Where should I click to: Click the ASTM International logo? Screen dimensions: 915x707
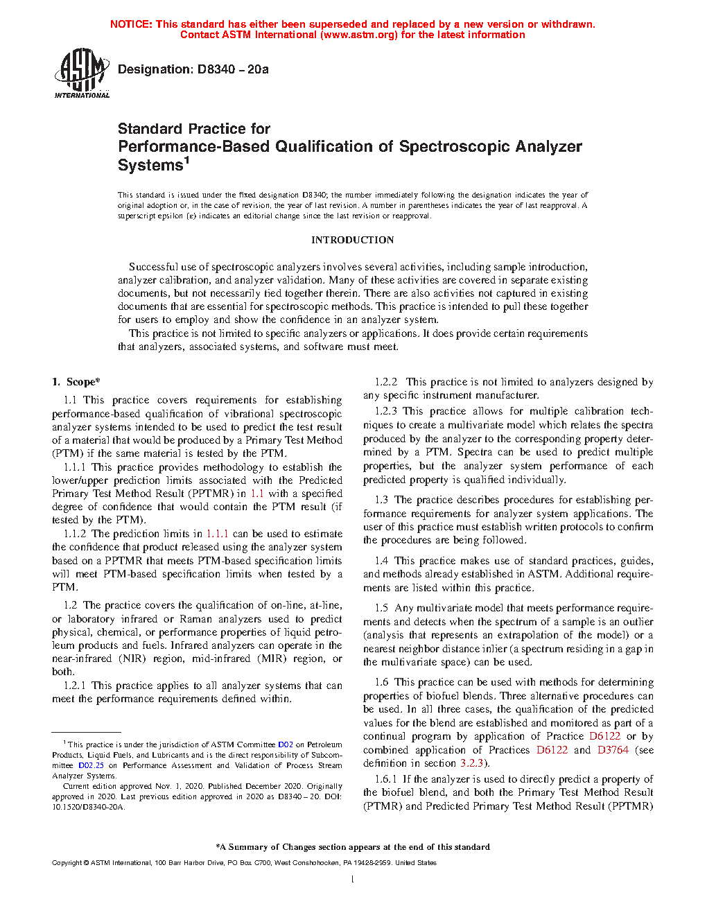[x=82, y=73]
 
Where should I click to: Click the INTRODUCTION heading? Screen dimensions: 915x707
[x=352, y=240]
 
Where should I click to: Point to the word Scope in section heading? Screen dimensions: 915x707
[x=80, y=382]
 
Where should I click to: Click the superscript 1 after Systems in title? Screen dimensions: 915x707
[x=186, y=162]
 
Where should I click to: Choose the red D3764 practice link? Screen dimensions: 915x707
[x=613, y=750]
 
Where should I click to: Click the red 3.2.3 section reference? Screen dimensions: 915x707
[x=471, y=763]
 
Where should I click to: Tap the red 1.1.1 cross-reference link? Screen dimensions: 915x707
[x=217, y=534]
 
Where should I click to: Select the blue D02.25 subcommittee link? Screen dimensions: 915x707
[x=91, y=765]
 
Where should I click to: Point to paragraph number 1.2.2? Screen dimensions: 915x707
[x=386, y=382]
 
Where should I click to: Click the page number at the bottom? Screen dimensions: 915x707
[x=353, y=880]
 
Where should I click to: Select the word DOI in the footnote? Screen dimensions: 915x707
[x=333, y=796]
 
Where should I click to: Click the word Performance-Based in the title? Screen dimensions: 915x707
[x=193, y=147]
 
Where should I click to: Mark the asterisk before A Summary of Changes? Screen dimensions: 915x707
[x=218, y=846]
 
